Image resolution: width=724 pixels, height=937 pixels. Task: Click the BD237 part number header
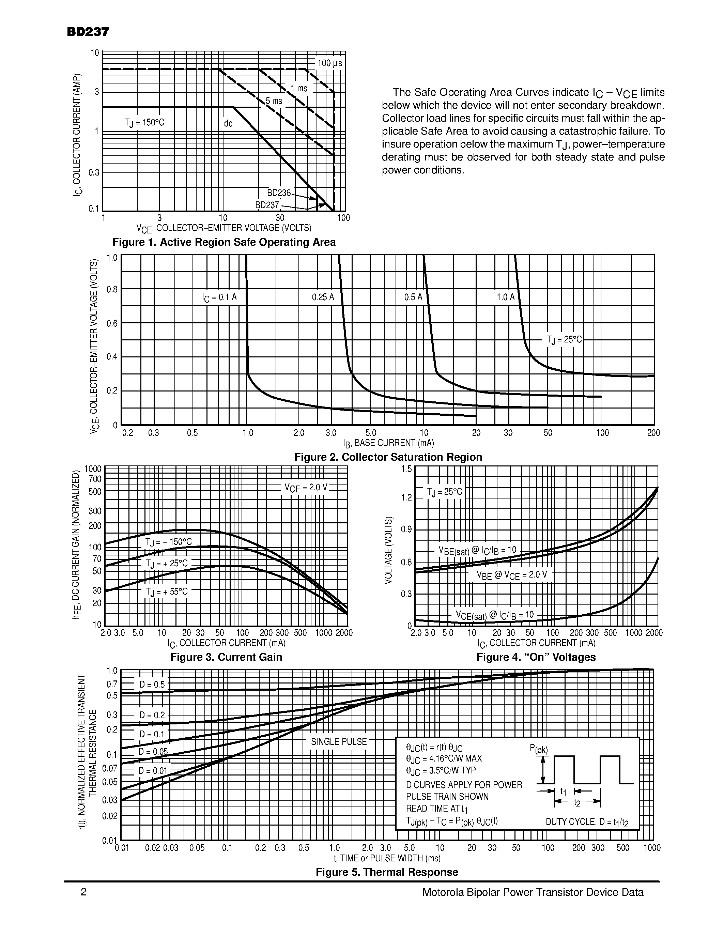[88, 32]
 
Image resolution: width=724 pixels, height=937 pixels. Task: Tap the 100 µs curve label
[329, 63]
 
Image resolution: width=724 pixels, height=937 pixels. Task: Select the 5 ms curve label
[274, 101]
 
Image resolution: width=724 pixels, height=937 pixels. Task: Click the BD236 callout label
[279, 193]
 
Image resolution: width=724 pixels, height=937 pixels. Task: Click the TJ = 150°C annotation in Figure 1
[144, 123]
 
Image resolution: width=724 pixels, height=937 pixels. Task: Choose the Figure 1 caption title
[224, 242]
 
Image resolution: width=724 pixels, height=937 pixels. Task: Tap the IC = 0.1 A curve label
[219, 297]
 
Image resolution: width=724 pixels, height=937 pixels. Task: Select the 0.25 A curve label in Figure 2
[323, 297]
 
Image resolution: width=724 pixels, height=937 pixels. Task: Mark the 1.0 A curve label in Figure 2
[505, 297]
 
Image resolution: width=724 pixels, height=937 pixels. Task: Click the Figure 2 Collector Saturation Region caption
[388, 457]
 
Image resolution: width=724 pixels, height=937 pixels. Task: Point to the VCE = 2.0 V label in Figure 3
[305, 488]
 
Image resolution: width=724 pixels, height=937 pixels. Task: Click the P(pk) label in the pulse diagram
[539, 750]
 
